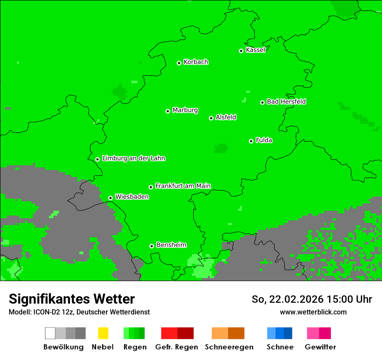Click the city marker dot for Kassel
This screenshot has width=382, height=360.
click(x=241, y=51)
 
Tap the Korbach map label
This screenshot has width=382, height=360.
click(x=196, y=62)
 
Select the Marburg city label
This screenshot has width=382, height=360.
click(x=185, y=110)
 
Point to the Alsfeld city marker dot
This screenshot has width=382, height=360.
click(x=211, y=118)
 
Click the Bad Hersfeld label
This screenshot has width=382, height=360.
click(x=286, y=102)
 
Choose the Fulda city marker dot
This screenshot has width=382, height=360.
click(x=251, y=141)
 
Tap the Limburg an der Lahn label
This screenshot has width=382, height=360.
click(x=133, y=158)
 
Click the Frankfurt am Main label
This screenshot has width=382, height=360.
click(x=183, y=186)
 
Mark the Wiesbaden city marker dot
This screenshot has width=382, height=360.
click(x=111, y=198)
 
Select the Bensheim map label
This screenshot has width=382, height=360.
click(x=171, y=245)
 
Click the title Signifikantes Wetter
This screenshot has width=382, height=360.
click(x=72, y=299)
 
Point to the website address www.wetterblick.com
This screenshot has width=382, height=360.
click(x=313, y=312)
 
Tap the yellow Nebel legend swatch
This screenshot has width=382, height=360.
click(x=103, y=333)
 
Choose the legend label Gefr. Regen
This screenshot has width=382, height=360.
click(x=177, y=347)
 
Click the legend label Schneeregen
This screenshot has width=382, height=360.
click(x=229, y=347)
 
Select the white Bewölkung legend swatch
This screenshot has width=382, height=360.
click(x=50, y=333)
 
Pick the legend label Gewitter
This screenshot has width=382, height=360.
click(x=320, y=347)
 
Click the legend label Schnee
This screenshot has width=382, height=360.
click(x=280, y=347)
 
